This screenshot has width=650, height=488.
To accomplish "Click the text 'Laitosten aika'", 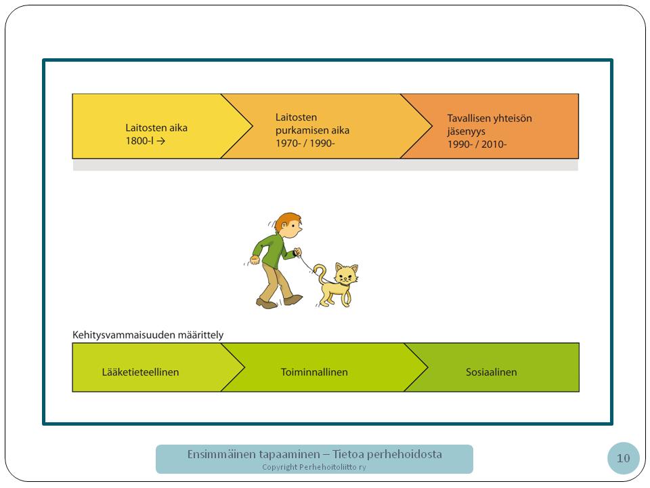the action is coord(156,128).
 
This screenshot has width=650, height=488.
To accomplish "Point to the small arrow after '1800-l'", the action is coord(161,141).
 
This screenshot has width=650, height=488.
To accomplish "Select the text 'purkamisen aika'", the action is coord(313,130).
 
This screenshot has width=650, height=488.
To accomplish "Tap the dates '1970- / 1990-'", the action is coord(305,144).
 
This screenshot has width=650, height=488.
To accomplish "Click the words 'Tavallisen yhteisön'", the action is coord(490,118).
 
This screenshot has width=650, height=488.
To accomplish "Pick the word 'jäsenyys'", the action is coord(466,131).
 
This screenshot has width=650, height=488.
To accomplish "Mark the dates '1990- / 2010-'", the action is coord(477,144).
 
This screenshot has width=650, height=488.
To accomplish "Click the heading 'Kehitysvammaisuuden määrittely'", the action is coord(148,335).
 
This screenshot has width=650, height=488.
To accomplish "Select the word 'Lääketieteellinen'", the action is coord(141,372).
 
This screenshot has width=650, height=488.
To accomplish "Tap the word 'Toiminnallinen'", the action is coord(314,372).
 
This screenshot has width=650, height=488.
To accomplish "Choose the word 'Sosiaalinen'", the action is coord(492,372).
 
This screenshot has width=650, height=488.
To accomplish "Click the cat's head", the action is coord(346,274).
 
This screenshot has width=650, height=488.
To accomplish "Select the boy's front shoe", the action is coord(293,300).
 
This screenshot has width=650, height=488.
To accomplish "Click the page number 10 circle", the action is coord(623,458).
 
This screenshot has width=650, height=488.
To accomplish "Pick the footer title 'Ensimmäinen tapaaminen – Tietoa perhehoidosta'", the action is coord(314,454).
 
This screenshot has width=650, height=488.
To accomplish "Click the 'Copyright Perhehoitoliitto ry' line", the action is coord(313,467).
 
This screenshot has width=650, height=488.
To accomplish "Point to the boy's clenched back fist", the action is coord(254,260).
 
